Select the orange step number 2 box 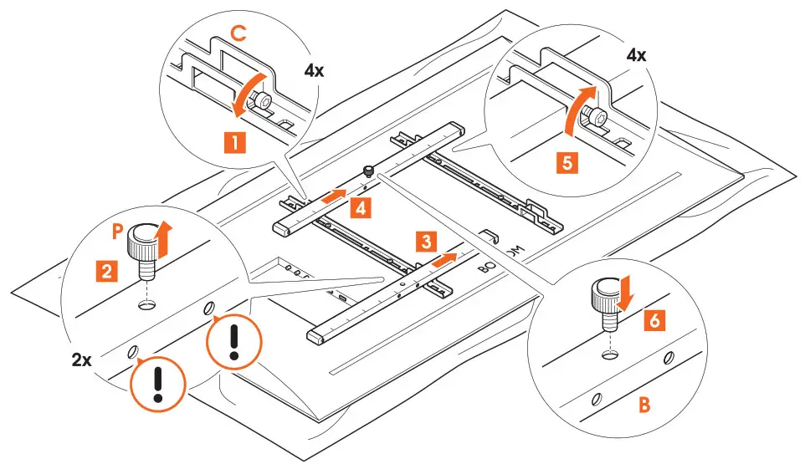click(106, 270)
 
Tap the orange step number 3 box click(425, 242)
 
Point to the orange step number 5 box click(567, 163)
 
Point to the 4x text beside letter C click(315, 70)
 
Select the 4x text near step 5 click(636, 56)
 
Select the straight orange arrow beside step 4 click(332, 197)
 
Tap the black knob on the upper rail click(367, 172)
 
